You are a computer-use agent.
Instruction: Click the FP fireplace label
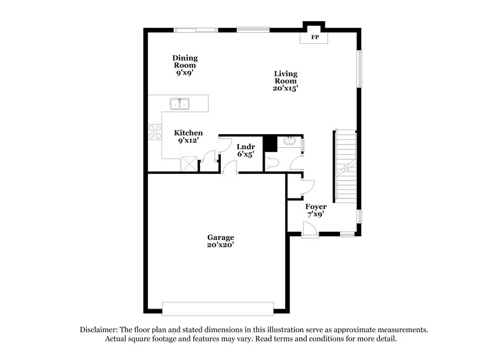coord(314,38)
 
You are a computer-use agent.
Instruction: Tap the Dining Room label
coord(185,61)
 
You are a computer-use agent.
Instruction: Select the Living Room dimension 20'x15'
coord(286,88)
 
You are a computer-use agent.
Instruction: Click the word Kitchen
coord(188,133)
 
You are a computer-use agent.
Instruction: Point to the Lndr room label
coord(246,147)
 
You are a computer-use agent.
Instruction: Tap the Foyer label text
coord(316,207)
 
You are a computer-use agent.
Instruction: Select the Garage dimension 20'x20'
coord(220,245)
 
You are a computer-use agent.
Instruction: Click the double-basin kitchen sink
coord(181,104)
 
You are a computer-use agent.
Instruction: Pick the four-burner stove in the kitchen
coord(154,132)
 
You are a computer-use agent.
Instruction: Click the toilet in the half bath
coord(273,163)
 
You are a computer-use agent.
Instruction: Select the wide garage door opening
coord(217,307)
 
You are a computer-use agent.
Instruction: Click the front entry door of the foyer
coord(312,229)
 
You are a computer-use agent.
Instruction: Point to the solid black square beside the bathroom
coord(270,144)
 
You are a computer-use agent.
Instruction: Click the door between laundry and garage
coord(230,166)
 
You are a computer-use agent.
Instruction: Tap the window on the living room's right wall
coord(359,69)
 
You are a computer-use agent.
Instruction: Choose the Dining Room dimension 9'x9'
coord(185,72)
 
